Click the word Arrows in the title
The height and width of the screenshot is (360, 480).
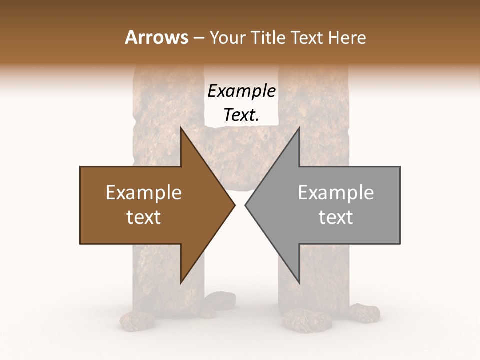click(156, 38)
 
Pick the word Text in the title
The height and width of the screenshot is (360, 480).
click(308, 38)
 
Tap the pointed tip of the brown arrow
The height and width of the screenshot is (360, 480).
click(234, 205)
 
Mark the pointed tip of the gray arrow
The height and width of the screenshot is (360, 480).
click(246, 205)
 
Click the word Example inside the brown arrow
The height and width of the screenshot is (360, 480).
click(144, 193)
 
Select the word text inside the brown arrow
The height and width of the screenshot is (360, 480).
click(144, 217)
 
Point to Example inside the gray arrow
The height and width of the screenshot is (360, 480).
click(336, 193)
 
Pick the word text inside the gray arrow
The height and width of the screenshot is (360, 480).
click(336, 217)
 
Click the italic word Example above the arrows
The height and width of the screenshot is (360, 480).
click(241, 91)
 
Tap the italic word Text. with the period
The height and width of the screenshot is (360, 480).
click(241, 115)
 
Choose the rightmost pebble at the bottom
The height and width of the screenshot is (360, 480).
click(364, 312)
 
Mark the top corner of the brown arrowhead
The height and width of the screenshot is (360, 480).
click(181, 128)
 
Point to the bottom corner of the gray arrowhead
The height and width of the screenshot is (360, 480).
click(299, 283)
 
